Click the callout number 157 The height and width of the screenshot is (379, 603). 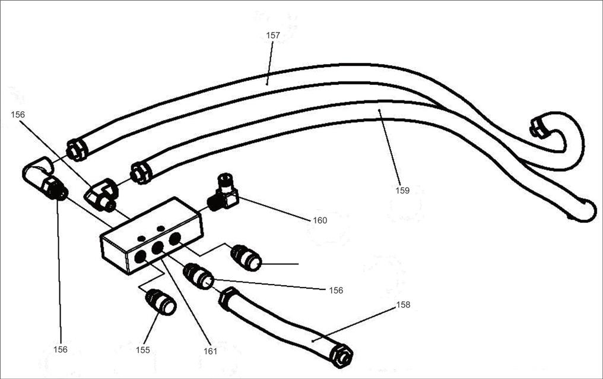[273, 36]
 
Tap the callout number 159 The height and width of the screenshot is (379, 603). [402, 191]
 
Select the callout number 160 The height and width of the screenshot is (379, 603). [320, 220]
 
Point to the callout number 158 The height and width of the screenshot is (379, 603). [403, 305]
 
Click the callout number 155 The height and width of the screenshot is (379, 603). [142, 350]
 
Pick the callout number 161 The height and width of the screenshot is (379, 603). [210, 351]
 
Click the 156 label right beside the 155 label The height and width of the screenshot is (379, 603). [61, 349]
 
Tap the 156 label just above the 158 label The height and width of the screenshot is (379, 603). [336, 290]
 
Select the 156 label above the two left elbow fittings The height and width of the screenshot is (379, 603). [18, 115]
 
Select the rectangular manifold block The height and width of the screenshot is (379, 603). [151, 235]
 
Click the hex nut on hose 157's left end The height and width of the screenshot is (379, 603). [77, 150]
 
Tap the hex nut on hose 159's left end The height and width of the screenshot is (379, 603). [141, 173]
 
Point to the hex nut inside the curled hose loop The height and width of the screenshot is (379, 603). [538, 128]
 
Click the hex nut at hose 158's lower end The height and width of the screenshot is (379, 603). [341, 356]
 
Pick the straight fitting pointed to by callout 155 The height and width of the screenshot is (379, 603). [161, 302]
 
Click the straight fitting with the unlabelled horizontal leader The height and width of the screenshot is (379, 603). [246, 258]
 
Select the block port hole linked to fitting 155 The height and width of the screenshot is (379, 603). [141, 257]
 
